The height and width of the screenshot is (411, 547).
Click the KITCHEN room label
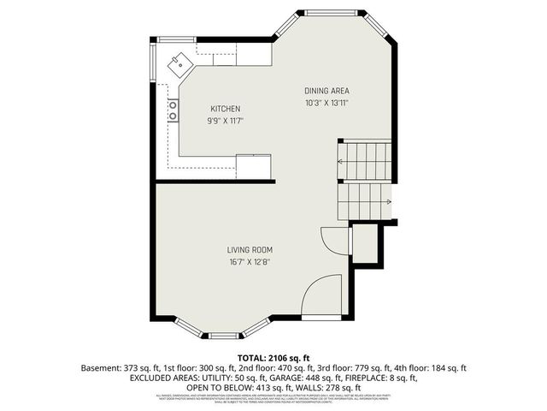tap(226, 109)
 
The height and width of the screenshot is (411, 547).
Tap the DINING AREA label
tap(327, 91)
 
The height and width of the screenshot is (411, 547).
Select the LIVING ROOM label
tap(250, 250)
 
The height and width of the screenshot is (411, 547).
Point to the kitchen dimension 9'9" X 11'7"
tap(226, 121)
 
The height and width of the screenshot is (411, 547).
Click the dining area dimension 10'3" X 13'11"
tap(327, 103)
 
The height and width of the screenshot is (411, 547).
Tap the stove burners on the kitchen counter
tap(173, 110)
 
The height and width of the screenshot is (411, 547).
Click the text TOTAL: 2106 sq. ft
tap(273, 356)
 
